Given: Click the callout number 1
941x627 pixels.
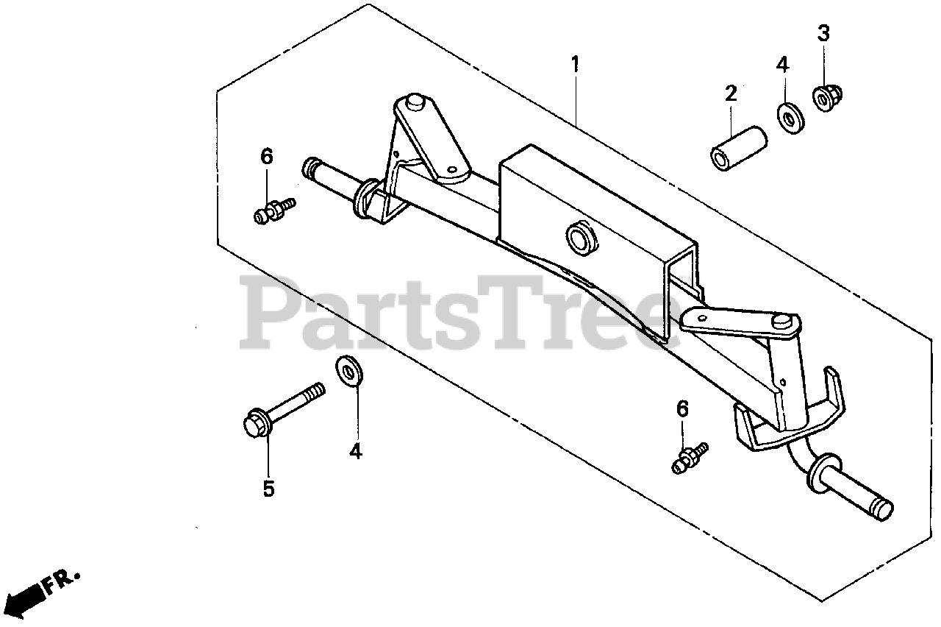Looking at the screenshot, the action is pyautogui.click(x=576, y=65).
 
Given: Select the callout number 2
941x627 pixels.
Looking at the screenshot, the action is pyautogui.click(x=730, y=93).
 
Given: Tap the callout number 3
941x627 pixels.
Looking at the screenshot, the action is pyautogui.click(x=823, y=33).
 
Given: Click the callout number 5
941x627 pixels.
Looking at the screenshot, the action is pyautogui.click(x=268, y=488).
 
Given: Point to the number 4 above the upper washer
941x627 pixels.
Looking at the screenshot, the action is pyautogui.click(x=781, y=65).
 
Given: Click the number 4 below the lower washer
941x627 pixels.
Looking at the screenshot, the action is pyautogui.click(x=356, y=451).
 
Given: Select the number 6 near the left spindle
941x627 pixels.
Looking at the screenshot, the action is pyautogui.click(x=267, y=156).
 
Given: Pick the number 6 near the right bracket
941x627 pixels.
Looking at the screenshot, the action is pyautogui.click(x=683, y=409).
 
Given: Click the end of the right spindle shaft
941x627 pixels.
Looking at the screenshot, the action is pyautogui.click(x=884, y=509).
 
